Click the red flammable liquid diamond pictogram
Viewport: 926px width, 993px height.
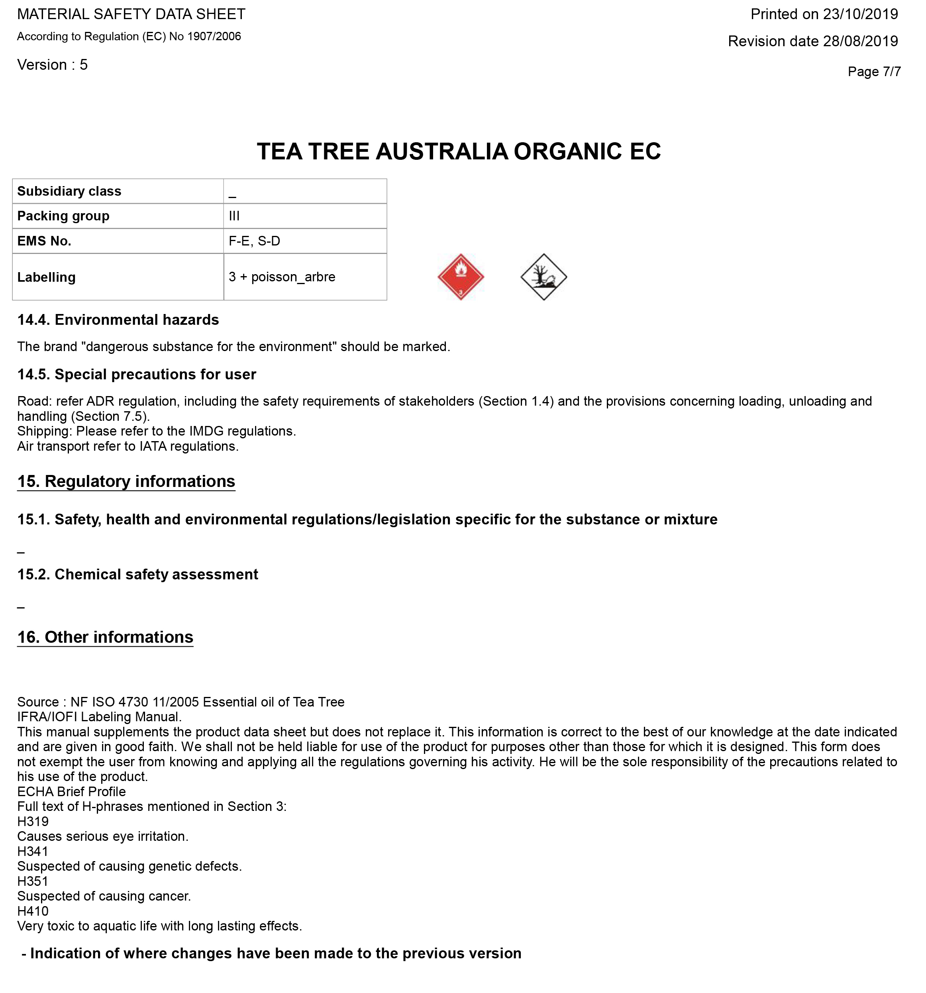click(461, 277)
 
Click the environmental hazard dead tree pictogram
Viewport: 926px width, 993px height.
click(543, 277)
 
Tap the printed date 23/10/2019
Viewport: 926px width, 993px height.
click(860, 14)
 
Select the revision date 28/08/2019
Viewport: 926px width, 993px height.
click(860, 41)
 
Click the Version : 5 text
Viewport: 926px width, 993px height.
click(53, 65)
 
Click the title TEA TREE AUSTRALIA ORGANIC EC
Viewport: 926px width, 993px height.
click(459, 151)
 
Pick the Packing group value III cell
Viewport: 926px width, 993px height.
click(305, 216)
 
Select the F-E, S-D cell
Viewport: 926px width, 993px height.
click(305, 241)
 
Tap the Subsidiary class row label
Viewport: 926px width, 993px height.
click(69, 191)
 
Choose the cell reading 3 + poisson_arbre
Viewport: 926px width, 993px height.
click(305, 277)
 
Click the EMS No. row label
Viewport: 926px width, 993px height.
click(45, 241)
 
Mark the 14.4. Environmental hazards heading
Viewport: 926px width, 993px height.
click(118, 320)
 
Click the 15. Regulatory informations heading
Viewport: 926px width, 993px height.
click(126, 481)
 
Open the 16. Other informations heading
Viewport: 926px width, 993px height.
click(105, 637)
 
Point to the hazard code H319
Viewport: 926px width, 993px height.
click(33, 821)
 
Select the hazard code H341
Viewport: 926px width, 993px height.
click(33, 851)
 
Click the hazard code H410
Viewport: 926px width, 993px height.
click(33, 911)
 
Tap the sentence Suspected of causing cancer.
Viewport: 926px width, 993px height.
click(104, 896)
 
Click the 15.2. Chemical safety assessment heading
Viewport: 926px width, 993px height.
click(137, 575)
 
